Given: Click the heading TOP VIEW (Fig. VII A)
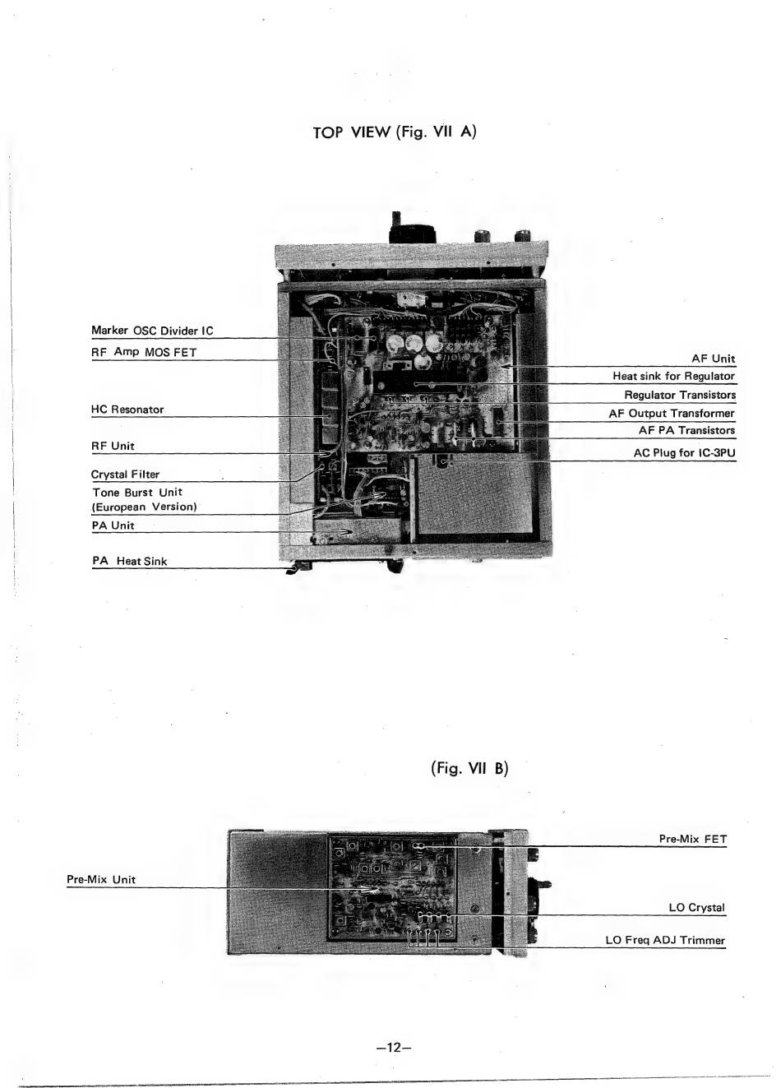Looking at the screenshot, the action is click(395, 132).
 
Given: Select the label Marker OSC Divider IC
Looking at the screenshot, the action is click(152, 331).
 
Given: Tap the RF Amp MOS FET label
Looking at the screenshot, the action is click(144, 352).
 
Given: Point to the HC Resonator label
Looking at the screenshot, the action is click(127, 409).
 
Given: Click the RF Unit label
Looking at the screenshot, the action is click(113, 446).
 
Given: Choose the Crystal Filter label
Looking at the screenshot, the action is click(125, 474).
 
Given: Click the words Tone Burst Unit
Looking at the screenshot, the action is click(137, 492).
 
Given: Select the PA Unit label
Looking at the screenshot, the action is click(113, 525).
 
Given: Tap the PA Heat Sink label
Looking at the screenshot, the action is click(129, 561).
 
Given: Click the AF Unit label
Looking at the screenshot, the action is click(713, 359).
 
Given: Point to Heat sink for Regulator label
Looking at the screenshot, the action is click(673, 376).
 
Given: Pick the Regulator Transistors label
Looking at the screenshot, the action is click(679, 395).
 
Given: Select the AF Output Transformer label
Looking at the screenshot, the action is click(671, 413).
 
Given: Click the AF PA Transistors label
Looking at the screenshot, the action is click(686, 430).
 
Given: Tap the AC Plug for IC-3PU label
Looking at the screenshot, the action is click(684, 452).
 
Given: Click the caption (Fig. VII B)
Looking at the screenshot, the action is click(469, 768).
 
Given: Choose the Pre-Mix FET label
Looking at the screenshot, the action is click(692, 839).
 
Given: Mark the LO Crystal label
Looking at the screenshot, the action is click(696, 907).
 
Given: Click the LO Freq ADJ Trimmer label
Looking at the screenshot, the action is click(665, 940).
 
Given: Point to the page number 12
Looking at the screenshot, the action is click(393, 1047).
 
